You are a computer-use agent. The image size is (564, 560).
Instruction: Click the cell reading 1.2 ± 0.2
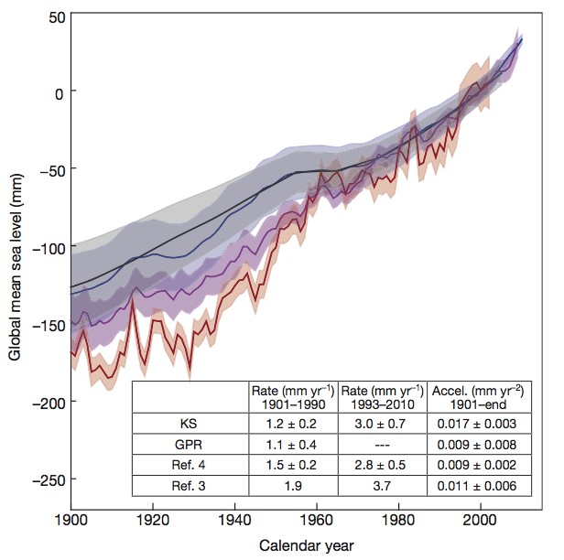pos(293,424)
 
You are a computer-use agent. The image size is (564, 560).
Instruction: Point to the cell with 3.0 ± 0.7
pos(382,424)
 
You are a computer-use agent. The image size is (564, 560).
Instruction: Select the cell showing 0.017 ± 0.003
pos(472,424)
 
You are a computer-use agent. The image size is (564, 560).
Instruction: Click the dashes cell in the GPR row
pos(382,447)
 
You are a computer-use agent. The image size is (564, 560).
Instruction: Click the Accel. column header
pos(472,396)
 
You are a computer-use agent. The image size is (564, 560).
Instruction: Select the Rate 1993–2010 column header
pos(382,396)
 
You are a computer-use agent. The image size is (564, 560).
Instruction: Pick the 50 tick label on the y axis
pos(57,15)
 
